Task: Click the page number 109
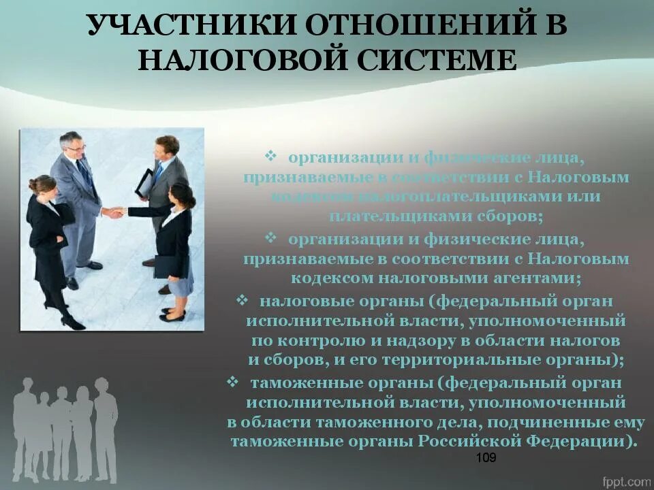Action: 486,457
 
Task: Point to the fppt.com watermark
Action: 625,480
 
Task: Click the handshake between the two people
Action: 114,212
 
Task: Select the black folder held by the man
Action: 144,182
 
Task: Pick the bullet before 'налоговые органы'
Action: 242,299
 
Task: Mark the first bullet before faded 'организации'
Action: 270,157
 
